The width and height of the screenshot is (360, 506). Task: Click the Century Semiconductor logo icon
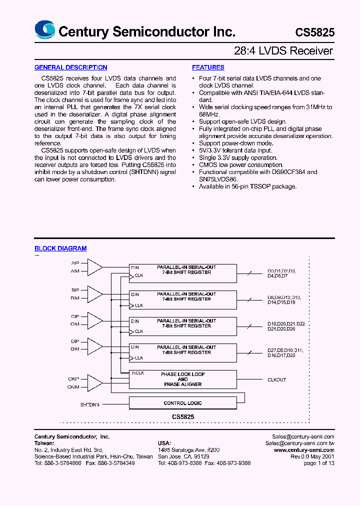pos(44,30)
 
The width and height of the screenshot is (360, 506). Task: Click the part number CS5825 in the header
pos(314,32)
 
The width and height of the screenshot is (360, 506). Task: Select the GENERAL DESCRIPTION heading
pos(70,67)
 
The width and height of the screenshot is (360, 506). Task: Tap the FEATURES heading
pos(208,67)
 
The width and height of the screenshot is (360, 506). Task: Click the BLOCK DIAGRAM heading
pos(60,248)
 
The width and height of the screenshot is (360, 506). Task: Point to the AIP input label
pos(75,263)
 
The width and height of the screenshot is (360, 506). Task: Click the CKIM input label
pos(73,387)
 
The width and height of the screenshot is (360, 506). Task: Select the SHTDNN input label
pos(90,403)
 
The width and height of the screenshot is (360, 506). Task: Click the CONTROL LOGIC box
pos(183,403)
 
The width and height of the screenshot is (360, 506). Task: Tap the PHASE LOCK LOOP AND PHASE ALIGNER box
pos(183,379)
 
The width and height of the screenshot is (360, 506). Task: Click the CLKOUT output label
pos(276,380)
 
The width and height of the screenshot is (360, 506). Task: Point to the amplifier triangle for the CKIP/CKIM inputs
pos(94,382)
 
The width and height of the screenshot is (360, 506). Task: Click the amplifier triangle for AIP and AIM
pos(94,267)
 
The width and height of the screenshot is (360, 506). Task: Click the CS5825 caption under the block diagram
pos(183,416)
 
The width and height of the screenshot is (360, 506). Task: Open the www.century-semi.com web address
pos(304,450)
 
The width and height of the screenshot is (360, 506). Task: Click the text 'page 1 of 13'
pos(319,463)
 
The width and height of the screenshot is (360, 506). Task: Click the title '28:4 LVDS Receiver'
pos(283,51)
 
